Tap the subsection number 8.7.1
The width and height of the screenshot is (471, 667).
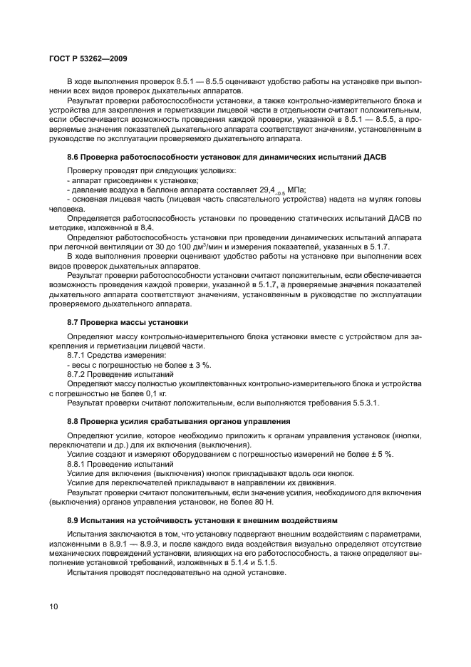point(78,354)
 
